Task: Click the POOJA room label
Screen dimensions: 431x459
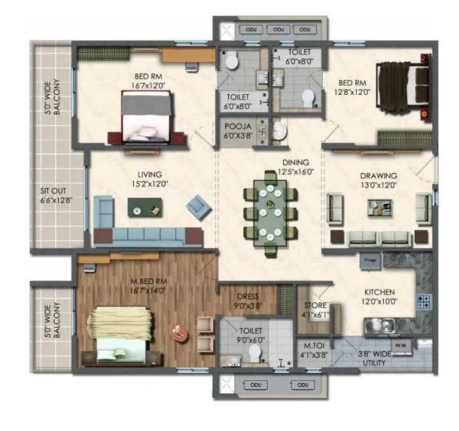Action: (238, 127)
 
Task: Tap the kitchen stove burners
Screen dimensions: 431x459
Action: (424, 300)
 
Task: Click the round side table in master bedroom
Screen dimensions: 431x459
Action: (177, 330)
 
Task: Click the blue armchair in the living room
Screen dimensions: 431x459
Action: (196, 206)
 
